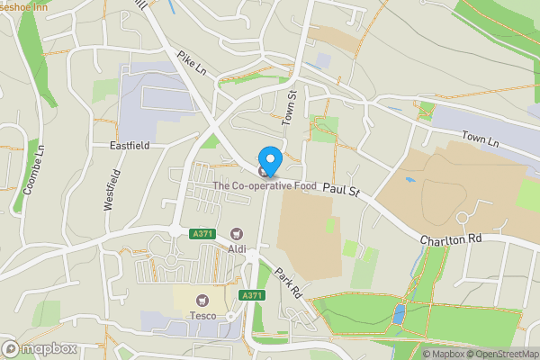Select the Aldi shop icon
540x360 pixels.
tap(238, 234)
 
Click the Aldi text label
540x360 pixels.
tap(238, 247)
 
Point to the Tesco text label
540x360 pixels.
tap(202, 315)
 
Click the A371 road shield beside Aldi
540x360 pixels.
tap(202, 234)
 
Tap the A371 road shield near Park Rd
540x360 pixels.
tap(252, 295)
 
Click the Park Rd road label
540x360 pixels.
tap(289, 281)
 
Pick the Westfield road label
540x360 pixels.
tap(110, 190)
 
